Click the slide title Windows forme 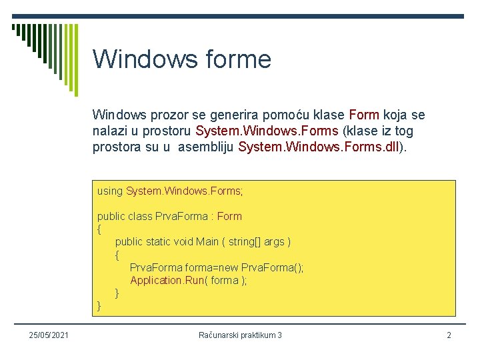181,59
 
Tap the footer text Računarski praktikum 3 240,335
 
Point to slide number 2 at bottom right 449,335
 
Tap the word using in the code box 110,191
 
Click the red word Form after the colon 229,217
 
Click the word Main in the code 207,242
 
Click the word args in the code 274,242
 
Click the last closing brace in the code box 99,306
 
